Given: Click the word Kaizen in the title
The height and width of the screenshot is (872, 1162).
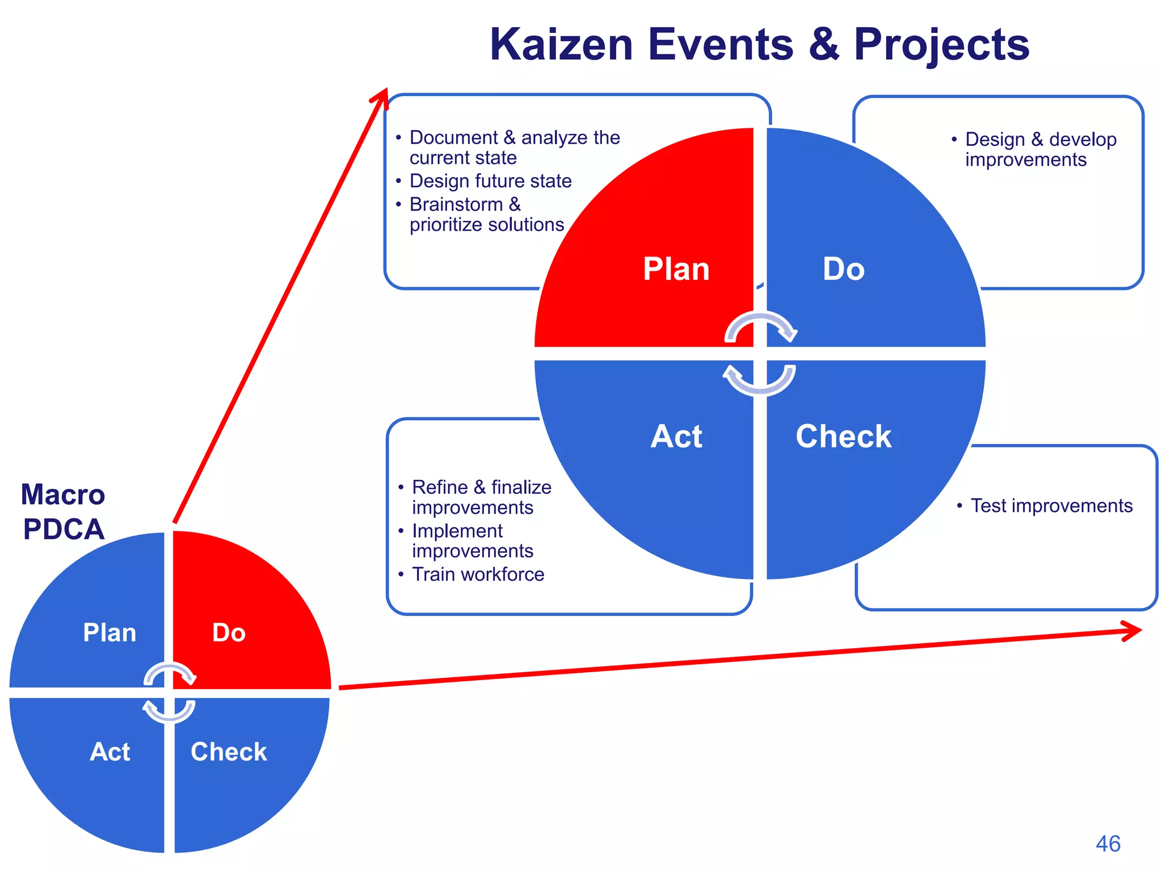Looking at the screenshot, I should [x=561, y=45].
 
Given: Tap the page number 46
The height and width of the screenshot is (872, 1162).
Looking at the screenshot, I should [x=1108, y=844].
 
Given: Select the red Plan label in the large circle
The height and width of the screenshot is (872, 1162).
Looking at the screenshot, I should [x=676, y=269].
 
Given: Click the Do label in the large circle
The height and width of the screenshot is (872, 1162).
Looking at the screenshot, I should [x=843, y=269].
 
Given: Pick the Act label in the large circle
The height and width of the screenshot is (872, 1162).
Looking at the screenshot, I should [x=676, y=437].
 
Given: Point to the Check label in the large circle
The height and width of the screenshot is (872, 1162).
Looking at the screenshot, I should [x=843, y=437].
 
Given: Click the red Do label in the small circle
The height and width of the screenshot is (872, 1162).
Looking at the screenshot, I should [x=229, y=633].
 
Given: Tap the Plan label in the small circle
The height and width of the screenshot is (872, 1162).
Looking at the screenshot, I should [x=110, y=633].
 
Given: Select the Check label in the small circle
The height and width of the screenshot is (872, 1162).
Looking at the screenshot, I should [x=229, y=752].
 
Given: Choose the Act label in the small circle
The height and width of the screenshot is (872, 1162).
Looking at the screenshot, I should [x=110, y=752].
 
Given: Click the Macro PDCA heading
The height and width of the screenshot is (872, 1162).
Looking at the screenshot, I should [x=63, y=512].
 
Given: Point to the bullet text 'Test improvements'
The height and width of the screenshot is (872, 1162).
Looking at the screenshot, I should [x=1051, y=505].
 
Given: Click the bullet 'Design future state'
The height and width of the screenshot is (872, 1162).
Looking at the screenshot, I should [x=490, y=181].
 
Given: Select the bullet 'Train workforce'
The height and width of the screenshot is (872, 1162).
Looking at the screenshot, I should [x=478, y=575].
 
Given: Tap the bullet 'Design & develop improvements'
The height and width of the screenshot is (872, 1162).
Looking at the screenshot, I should [x=1040, y=149].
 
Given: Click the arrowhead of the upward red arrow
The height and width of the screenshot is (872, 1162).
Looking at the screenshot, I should [x=382, y=97].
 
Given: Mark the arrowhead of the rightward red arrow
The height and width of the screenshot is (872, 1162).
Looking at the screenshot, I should [x=1134, y=631].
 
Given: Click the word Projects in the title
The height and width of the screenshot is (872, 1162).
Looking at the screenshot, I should [x=941, y=45].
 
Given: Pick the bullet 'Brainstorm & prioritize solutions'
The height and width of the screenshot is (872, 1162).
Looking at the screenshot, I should [x=486, y=215].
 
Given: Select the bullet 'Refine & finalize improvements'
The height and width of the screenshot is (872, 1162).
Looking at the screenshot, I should [x=481, y=497].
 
